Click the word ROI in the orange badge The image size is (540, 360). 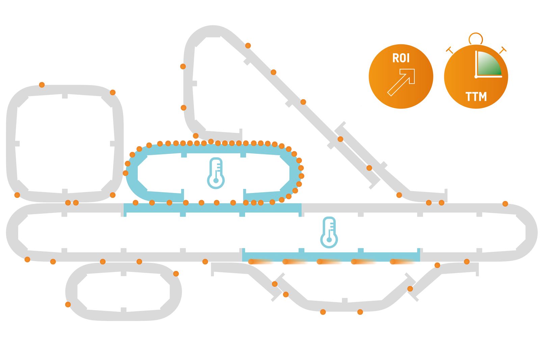point(401,58)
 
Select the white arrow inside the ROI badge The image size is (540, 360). point(401,82)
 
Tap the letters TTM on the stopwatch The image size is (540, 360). point(476,97)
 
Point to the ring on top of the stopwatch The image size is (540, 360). point(476,38)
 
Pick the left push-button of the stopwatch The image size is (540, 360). point(449,50)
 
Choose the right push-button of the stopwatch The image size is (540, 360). point(503,50)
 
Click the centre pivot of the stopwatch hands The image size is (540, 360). point(476,77)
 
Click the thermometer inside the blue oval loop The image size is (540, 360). point(216,173)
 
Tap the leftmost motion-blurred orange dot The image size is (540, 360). point(251,261)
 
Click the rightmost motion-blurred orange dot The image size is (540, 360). point(393,261)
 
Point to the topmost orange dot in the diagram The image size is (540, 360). point(248,46)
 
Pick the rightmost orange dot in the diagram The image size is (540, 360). point(505,203)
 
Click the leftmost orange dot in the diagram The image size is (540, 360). point(17,195)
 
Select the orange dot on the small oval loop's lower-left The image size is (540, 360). point(68,304)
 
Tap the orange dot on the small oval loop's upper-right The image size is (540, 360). point(176,274)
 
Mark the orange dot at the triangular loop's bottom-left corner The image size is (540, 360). point(195,136)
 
